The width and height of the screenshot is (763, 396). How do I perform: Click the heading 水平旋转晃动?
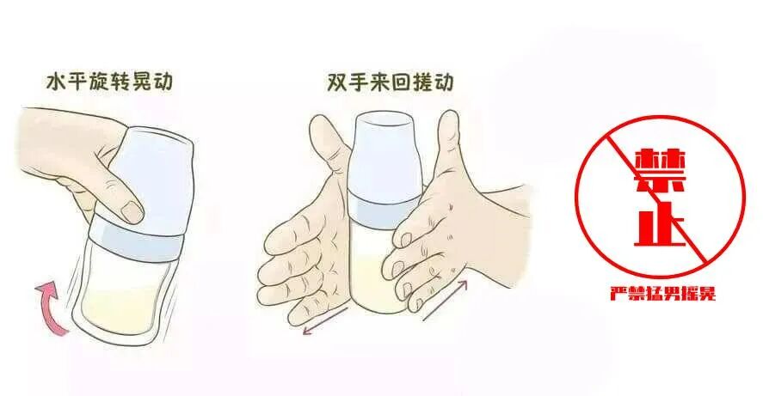(109, 82)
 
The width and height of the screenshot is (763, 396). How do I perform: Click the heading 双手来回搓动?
(390, 82)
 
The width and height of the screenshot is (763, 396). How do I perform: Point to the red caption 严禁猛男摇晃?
(663, 294)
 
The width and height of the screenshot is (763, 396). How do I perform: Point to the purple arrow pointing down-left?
(326, 320)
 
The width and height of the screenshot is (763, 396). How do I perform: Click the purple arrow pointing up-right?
(446, 300)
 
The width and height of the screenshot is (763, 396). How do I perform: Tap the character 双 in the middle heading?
(336, 82)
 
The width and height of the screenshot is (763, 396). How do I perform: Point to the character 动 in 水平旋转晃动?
(163, 82)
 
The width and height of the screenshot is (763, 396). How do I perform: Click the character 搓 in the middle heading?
(421, 82)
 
